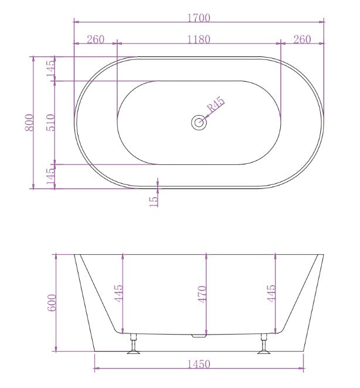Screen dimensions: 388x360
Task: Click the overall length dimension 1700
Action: [x=199, y=18]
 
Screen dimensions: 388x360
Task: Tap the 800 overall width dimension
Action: [x=29, y=122]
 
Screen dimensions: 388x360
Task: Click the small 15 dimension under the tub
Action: [x=154, y=200]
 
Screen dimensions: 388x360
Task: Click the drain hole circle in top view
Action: [x=199, y=123]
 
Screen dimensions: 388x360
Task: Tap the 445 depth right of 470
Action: [x=270, y=293]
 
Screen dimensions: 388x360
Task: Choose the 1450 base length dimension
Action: [x=199, y=365]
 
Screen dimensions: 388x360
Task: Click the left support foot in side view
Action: [x=134, y=346]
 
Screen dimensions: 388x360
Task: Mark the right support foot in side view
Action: [x=264, y=346]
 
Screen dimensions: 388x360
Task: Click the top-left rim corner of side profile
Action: [x=75, y=255]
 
